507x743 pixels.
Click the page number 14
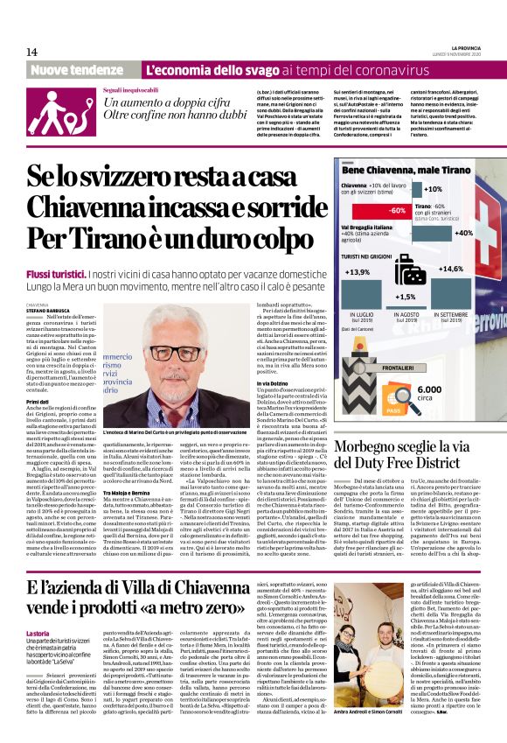pyautogui.click(x=31, y=53)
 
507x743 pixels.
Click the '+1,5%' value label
pyautogui.click(x=406, y=297)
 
